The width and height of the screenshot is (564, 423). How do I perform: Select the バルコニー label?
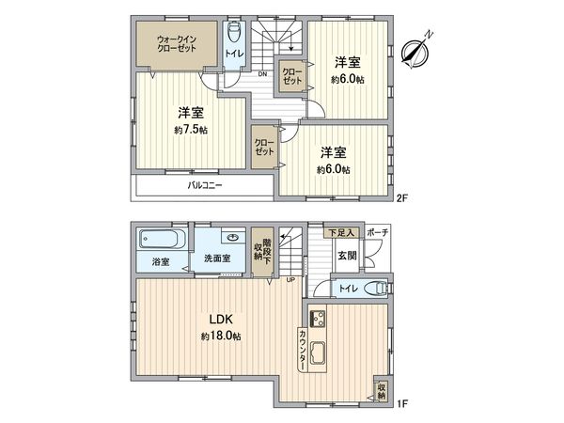pos(204,185)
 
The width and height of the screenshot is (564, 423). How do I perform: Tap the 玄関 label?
pos(346,256)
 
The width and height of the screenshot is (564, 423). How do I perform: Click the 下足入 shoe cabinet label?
pos(341,232)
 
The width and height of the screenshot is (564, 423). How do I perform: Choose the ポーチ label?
pos(378,232)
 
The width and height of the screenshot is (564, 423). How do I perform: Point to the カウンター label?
pos(302,349)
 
